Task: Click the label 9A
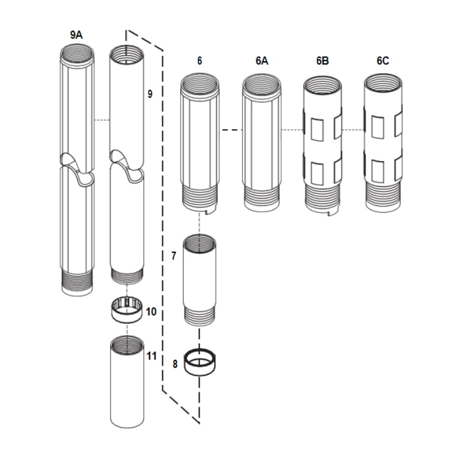pos(76,35)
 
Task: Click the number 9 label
pos(150,94)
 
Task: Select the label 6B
pos(322,60)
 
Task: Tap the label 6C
pos(383,60)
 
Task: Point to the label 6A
pos(262,60)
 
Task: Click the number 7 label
pos(174,256)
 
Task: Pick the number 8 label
pos(176,363)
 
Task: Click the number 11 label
pos(151,356)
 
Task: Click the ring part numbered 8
pos(200,364)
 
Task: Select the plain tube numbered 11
pos(126,384)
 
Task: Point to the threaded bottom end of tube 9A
pos(76,283)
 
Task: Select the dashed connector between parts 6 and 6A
pos(231,130)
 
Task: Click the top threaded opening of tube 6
pos(199,84)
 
